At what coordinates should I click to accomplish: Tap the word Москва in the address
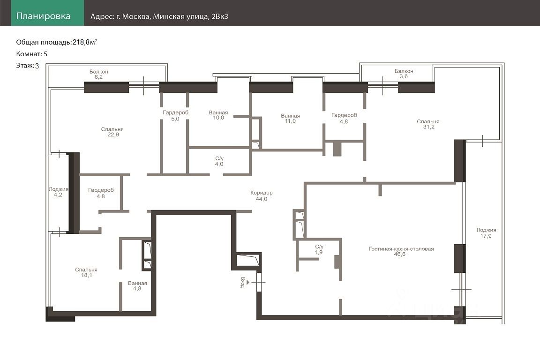(135, 16)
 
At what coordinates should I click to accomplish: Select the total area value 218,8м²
(85, 42)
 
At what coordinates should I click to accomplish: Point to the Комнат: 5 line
(32, 54)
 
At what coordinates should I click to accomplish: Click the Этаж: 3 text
(28, 66)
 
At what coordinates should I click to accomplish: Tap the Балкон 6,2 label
(99, 74)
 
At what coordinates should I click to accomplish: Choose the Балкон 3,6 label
(404, 74)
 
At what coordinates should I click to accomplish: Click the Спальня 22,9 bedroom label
(112, 132)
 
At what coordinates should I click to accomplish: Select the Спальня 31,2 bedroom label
(428, 124)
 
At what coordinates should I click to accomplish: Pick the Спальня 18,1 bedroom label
(86, 272)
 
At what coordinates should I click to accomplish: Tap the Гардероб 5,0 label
(176, 115)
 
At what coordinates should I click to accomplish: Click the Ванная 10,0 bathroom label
(218, 115)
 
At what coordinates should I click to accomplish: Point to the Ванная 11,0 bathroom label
(290, 118)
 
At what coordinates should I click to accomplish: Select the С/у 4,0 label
(219, 161)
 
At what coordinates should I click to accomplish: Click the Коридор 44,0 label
(262, 195)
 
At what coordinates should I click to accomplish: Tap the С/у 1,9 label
(319, 249)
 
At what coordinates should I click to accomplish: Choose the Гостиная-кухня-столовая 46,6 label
(401, 251)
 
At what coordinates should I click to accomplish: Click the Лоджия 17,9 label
(486, 233)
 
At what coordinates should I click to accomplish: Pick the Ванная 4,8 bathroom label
(137, 285)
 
